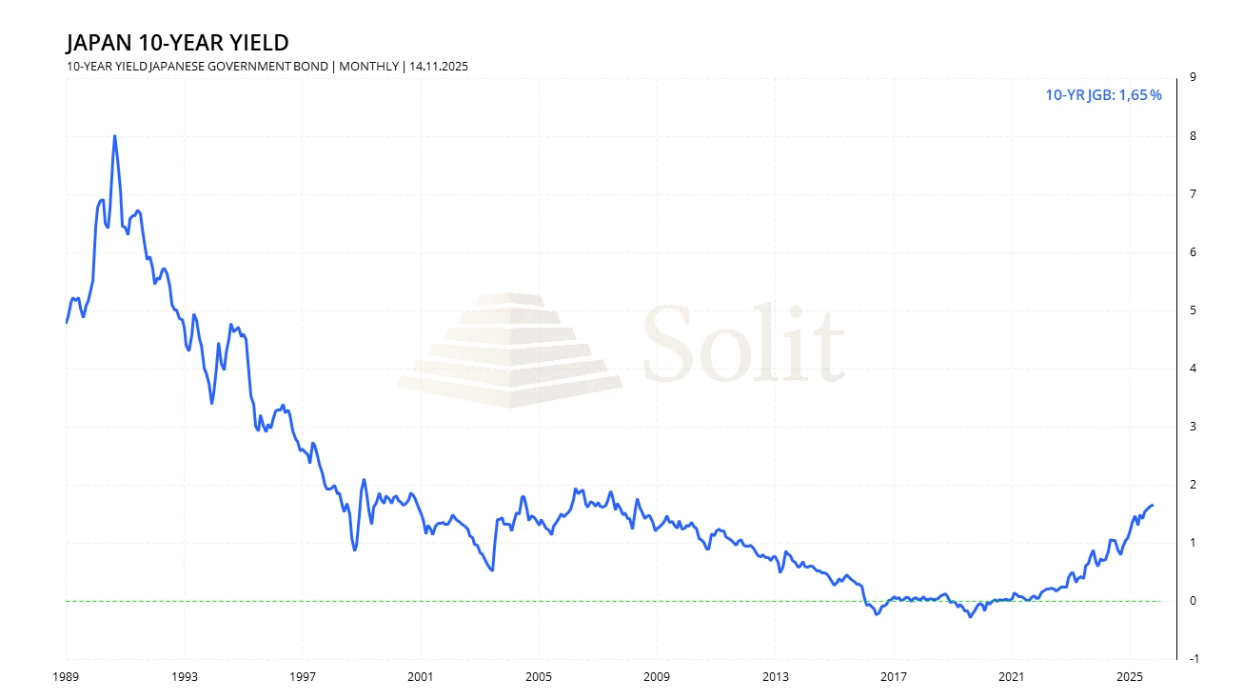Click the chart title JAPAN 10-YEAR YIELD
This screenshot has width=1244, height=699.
pyautogui.click(x=176, y=43)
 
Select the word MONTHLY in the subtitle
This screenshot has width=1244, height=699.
pyautogui.click(x=369, y=67)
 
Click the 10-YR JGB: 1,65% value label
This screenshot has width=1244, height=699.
pyautogui.click(x=1103, y=95)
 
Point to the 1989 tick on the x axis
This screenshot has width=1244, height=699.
pyautogui.click(x=66, y=677)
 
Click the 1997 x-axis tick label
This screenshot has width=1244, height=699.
pyautogui.click(x=302, y=677)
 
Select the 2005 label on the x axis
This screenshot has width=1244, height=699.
pyautogui.click(x=538, y=677)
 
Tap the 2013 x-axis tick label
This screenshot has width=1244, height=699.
pyautogui.click(x=775, y=677)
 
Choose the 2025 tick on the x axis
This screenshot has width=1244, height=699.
pyautogui.click(x=1129, y=677)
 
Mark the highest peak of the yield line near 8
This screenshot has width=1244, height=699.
pyautogui.click(x=114, y=136)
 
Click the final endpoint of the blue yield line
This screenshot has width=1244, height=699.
pyautogui.click(x=1153, y=506)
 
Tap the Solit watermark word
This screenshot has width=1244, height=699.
pyautogui.click(x=743, y=344)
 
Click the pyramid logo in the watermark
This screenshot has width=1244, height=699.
pyautogui.click(x=510, y=349)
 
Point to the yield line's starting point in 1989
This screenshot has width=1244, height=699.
pyautogui.click(x=67, y=322)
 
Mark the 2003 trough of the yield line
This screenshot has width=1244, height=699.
pyautogui.click(x=491, y=569)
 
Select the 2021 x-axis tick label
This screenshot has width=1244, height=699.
pyautogui.click(x=1011, y=677)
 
